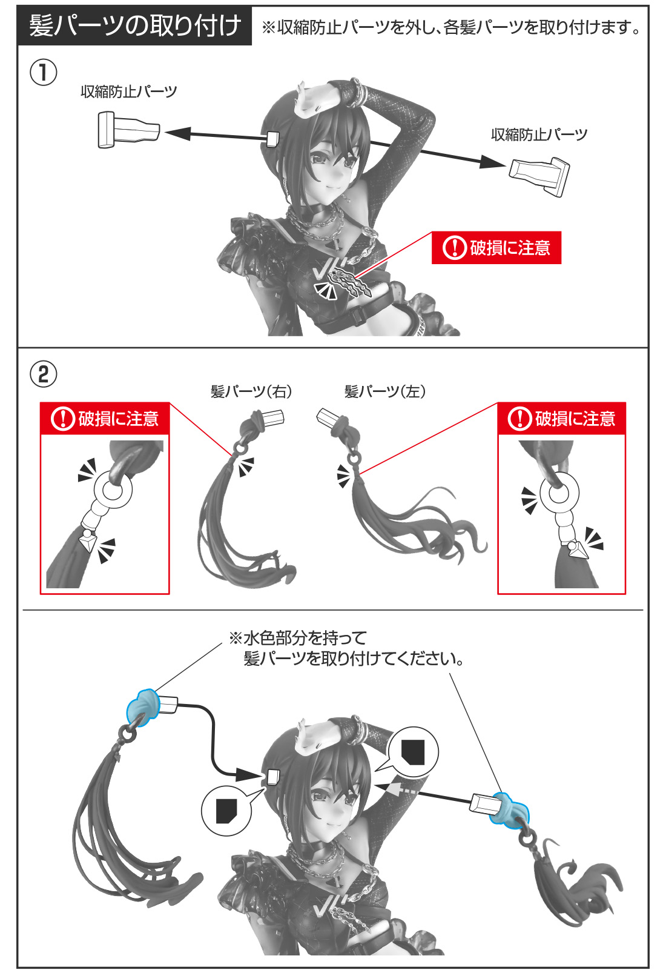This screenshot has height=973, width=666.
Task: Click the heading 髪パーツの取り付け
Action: (x=135, y=25)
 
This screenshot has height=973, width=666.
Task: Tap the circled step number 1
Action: (x=44, y=73)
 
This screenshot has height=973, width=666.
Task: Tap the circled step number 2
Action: (x=44, y=374)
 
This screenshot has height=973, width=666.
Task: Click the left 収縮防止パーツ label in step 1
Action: (x=129, y=91)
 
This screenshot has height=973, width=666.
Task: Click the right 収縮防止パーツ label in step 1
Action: (x=539, y=134)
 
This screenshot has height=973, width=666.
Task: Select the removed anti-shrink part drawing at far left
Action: (x=128, y=130)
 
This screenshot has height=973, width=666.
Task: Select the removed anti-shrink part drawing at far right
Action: (x=539, y=175)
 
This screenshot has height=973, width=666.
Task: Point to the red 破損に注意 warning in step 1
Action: (x=496, y=248)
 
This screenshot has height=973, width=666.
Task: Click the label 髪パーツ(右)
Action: (x=251, y=392)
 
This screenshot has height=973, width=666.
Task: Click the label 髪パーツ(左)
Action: (x=385, y=392)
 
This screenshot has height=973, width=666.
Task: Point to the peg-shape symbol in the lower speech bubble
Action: (x=226, y=811)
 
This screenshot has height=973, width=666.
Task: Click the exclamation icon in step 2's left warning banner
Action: (x=63, y=418)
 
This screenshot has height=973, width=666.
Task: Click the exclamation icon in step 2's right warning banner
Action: (x=519, y=418)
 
